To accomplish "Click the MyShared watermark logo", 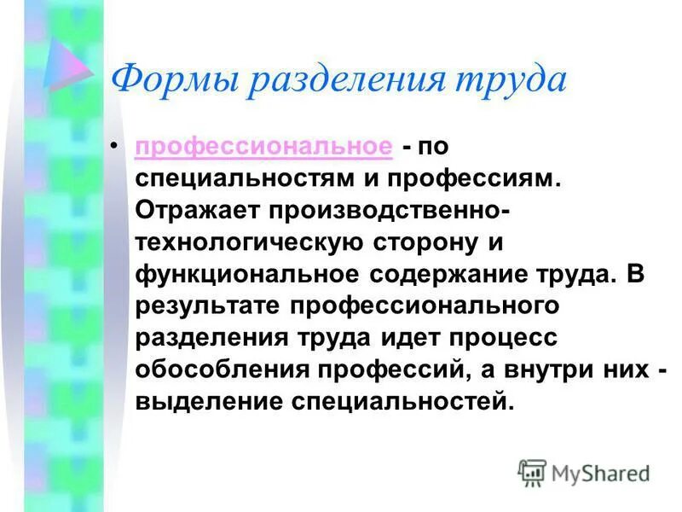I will (x=584, y=472).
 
